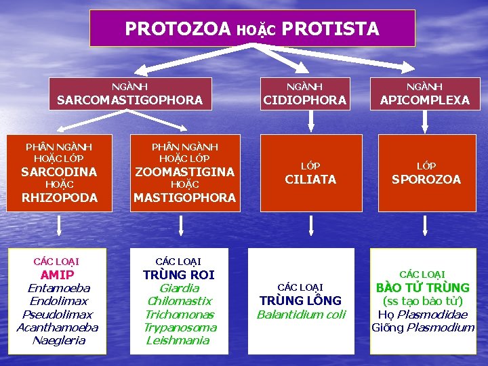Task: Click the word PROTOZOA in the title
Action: tap(178, 29)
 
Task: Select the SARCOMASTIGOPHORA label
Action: tap(129, 100)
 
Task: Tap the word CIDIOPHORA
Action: tap(304, 100)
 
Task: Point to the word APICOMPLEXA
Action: tap(424, 100)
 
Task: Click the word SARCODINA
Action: tap(59, 171)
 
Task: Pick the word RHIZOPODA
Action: tap(59, 198)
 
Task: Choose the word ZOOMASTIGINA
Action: tap(184, 171)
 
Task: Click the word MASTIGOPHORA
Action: tap(184, 198)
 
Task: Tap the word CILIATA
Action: tap(310, 180)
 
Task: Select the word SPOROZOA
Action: tap(426, 180)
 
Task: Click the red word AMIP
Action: tap(57, 274)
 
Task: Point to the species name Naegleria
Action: tap(58, 340)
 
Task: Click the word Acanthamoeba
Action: tap(57, 327)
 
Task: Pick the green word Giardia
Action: tap(179, 288)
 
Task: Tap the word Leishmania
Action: tap(178, 340)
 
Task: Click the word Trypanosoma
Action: tap(180, 327)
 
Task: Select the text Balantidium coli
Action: tap(301, 314)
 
